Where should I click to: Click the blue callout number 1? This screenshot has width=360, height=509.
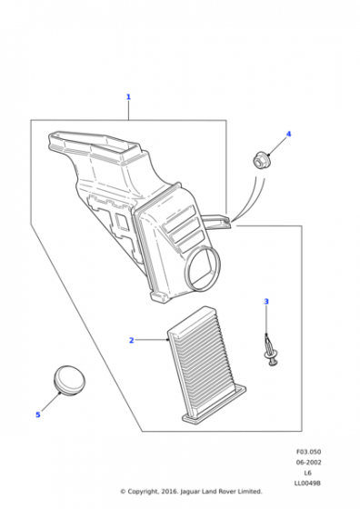coord(128,96)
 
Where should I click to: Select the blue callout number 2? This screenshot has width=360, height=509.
coord(132,340)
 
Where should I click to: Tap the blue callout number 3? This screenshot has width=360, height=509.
coord(266,302)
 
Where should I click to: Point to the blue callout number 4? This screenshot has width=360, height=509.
coord(288,135)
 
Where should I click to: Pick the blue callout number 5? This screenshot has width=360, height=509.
coord(38,414)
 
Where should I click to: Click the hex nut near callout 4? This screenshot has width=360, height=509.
coord(260,160)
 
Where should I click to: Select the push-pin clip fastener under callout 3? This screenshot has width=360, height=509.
coord(270,351)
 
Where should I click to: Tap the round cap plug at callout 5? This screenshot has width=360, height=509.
coord(69,380)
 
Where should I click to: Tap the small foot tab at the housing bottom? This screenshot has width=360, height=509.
coord(160,296)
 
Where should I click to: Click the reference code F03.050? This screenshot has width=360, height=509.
coord(308,452)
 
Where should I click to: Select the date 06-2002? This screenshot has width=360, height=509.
coord(308,463)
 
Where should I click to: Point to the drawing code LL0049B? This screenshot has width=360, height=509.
coord(308,484)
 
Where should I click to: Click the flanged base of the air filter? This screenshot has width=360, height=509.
coord(215,404)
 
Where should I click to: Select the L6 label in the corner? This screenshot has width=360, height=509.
coord(308,473)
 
